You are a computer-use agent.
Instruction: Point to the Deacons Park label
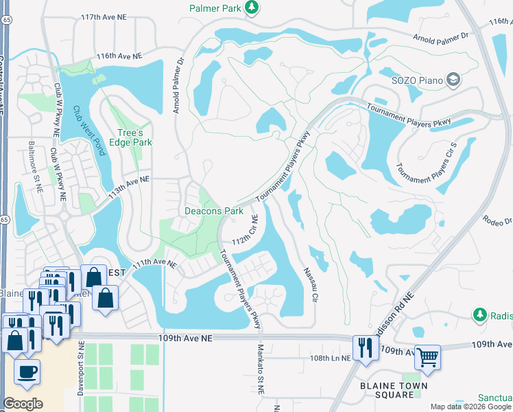[214, 211]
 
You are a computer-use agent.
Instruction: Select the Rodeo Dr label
[498, 220]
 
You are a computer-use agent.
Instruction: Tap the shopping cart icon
[428, 356]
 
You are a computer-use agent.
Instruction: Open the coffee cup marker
[27, 371]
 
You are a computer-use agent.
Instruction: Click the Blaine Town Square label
[394, 391]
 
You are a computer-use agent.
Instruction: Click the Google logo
[23, 403]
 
